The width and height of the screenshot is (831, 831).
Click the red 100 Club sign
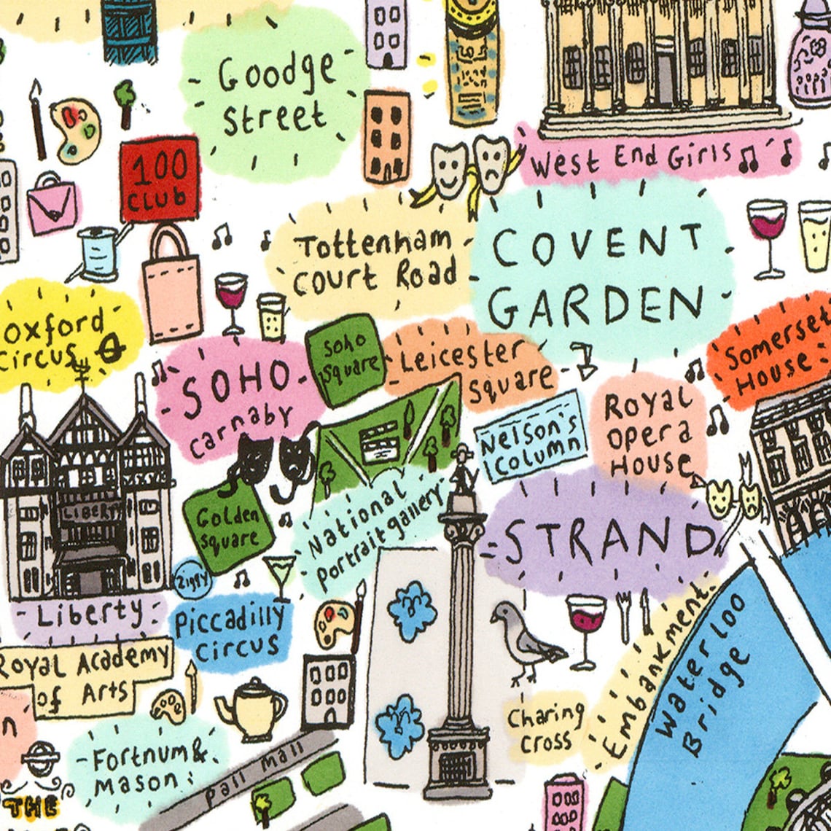coord(160,179)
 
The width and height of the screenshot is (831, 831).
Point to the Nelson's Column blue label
coord(531,437)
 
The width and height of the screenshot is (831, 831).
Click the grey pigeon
coord(525,641)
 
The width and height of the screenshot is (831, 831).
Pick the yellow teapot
coord(251,709)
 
